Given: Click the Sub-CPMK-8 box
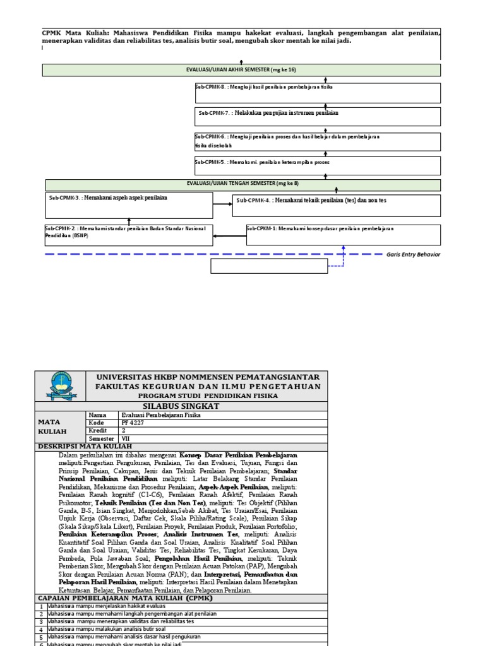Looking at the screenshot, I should tap(318, 93).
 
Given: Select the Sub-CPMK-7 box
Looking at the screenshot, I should tap(318, 117).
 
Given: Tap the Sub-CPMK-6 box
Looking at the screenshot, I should tap(318, 141).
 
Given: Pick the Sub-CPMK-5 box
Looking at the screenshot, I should tap(318, 165).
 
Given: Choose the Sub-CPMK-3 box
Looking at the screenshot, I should tap(129, 205).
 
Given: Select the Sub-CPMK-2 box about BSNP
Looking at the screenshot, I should tap(129, 234).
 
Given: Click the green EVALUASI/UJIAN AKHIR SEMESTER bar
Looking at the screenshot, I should tap(242, 70).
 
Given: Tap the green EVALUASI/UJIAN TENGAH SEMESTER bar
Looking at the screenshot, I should tap(243, 184).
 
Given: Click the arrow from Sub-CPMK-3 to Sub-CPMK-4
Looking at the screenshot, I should tap(223, 204).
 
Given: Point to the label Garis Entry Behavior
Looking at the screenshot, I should tap(413, 254).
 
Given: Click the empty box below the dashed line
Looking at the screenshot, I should tap(268, 266).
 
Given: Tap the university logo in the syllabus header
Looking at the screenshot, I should tap(63, 385).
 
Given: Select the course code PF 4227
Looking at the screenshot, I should tap(134, 422).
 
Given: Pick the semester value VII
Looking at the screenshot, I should tap(125, 438).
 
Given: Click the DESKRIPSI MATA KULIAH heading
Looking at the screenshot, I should tap(85, 447).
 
